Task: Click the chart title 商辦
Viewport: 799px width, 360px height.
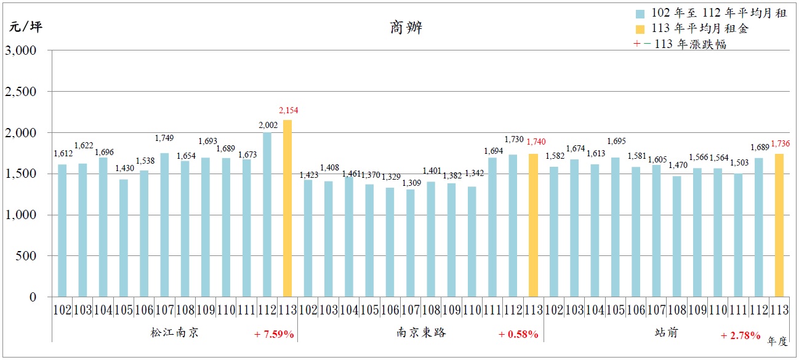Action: [406, 28]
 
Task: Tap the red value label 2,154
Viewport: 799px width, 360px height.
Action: [288, 111]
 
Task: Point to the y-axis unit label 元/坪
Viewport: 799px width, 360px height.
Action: [25, 27]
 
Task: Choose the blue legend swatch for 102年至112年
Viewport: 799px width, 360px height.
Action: [640, 14]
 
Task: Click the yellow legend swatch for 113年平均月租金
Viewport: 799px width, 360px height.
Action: [640, 29]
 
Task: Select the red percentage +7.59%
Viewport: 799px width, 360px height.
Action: [274, 334]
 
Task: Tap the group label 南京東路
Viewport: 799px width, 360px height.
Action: [421, 333]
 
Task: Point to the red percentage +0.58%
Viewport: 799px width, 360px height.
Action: [518, 334]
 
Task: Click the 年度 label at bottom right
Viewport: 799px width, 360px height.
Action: [777, 340]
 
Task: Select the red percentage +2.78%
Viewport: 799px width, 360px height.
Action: [741, 335]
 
